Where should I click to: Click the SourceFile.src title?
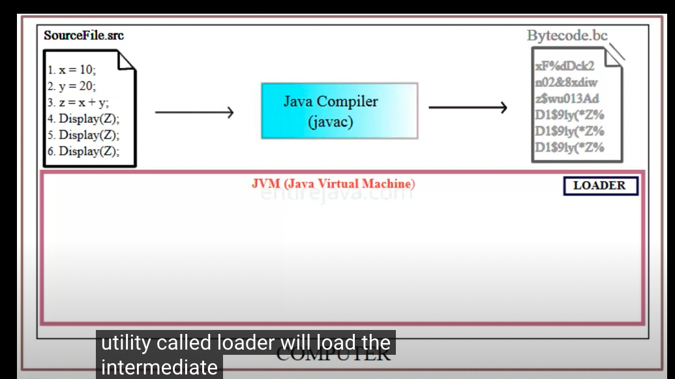pyautogui.click(x=83, y=35)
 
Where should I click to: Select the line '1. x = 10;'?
pyautogui.click(x=71, y=69)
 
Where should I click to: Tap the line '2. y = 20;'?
pyautogui.click(x=72, y=86)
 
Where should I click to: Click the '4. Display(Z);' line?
pyautogui.click(x=83, y=119)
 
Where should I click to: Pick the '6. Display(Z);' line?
pyautogui.click(x=83, y=152)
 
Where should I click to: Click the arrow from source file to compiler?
pyautogui.click(x=194, y=112)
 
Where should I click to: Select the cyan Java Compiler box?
pyautogui.click(x=339, y=110)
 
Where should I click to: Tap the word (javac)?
pyautogui.click(x=331, y=122)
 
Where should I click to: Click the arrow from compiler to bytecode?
pyautogui.click(x=468, y=108)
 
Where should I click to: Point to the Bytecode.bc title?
pyautogui.click(x=567, y=35)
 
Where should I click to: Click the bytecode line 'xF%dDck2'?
pyautogui.click(x=564, y=67)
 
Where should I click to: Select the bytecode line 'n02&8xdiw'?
pyautogui.click(x=566, y=83)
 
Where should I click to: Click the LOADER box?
pyautogui.click(x=600, y=186)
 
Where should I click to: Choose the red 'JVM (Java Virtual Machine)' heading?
pyautogui.click(x=333, y=184)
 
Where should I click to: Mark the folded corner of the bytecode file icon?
pyautogui.click(x=613, y=58)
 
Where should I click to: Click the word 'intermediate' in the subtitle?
pyautogui.click(x=159, y=367)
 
